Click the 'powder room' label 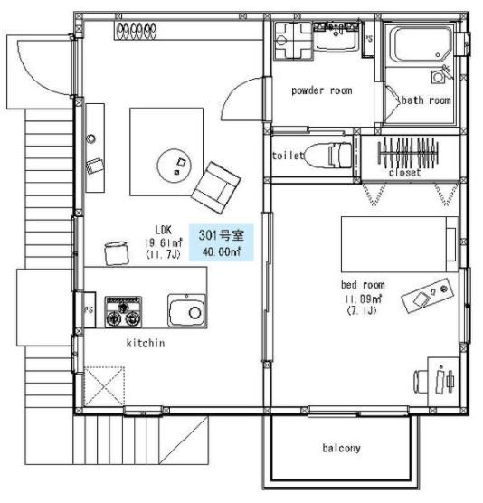[322, 90]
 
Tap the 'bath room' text [426, 100]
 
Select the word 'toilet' [288, 156]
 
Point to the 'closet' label [404, 173]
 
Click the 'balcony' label [341, 448]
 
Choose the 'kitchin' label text [146, 343]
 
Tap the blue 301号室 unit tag [222, 242]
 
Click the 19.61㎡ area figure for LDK [164, 242]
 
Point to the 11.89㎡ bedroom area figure [363, 299]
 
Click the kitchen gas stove [123, 312]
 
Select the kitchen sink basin [187, 311]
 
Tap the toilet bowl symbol [327, 156]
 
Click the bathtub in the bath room [421, 44]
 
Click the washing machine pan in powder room [293, 41]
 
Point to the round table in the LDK [175, 166]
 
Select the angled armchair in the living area [216, 187]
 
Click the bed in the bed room [400, 244]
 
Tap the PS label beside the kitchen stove [89, 309]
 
